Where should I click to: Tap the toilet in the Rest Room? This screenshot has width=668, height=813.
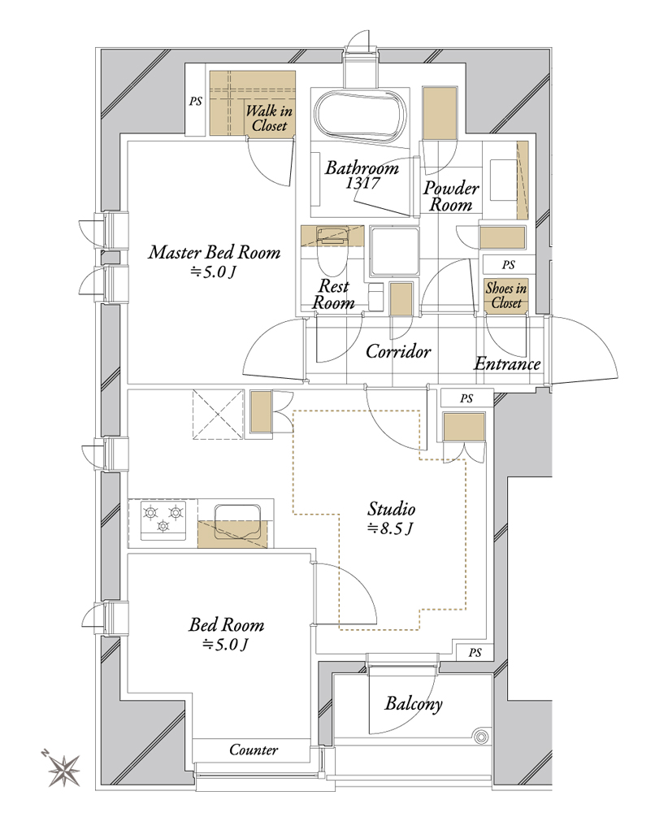point(332,250)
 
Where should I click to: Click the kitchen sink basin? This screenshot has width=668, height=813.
point(236,522)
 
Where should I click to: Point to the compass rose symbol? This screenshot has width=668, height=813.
point(63,769)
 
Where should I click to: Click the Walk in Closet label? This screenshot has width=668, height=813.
point(269,118)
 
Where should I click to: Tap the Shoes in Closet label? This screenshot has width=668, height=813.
point(505,296)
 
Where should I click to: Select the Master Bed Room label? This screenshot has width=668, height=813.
point(215,253)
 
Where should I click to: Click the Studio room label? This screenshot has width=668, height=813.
point(391,509)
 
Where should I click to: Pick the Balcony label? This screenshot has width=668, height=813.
point(414,703)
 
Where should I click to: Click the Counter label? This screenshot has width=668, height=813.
point(254,750)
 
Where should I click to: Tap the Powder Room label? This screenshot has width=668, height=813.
point(451,196)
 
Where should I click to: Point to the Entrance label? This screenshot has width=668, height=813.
point(507,363)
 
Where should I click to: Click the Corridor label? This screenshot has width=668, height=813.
point(398,351)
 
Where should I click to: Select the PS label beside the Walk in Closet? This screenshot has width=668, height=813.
point(195,101)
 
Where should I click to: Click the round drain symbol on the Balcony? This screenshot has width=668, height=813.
point(481,737)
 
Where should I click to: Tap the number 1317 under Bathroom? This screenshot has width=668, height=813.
point(362,182)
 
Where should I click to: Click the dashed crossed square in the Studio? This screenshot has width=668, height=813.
point(218,415)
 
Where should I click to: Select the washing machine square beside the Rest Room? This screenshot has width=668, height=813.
point(394,251)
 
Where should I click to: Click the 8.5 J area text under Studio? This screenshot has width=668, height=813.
point(390,528)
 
